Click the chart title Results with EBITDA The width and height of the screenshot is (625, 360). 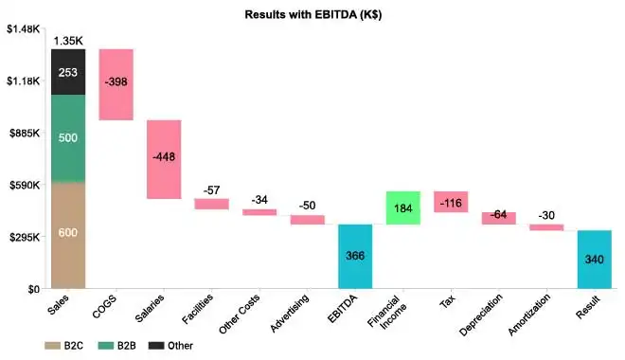(312, 14)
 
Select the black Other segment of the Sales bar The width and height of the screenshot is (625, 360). (68, 72)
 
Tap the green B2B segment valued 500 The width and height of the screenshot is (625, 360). (68, 138)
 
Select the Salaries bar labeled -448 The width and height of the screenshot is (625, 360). (164, 158)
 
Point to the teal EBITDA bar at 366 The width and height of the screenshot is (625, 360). (355, 256)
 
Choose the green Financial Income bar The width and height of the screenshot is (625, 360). (402, 207)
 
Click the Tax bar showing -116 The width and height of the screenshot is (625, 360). (451, 202)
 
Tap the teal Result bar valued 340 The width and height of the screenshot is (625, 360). (594, 259)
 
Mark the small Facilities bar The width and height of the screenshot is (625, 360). (212, 204)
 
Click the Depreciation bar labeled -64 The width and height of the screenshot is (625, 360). (498, 218)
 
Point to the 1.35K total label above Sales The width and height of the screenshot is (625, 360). (68, 41)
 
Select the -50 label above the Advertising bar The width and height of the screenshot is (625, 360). (307, 206)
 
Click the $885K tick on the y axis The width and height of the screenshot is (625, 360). (23, 134)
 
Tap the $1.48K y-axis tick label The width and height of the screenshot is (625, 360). (23, 29)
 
